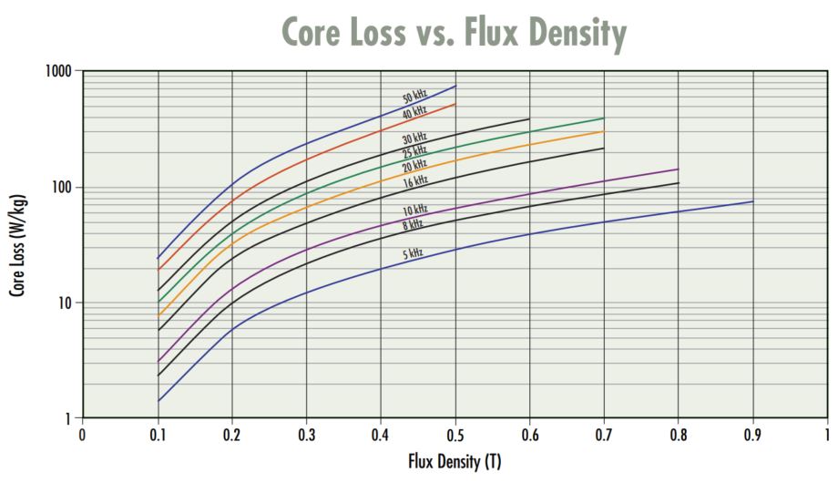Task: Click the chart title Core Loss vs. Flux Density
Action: [x=454, y=34]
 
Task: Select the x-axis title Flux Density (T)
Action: [x=455, y=463]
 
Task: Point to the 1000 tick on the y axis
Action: [x=58, y=71]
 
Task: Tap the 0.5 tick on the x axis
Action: [x=455, y=434]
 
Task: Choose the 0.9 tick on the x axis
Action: [x=752, y=434]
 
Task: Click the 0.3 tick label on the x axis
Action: [x=306, y=434]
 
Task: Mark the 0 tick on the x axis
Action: [x=83, y=434]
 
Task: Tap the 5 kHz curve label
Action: [x=413, y=253]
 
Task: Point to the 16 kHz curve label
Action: [x=415, y=181]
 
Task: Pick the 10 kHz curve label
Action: [x=414, y=211]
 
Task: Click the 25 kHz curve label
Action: [x=414, y=151]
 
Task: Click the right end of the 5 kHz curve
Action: [x=753, y=201]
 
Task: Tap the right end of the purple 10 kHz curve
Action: [x=679, y=169]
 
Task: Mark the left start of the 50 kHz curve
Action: [x=158, y=258]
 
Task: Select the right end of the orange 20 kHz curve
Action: [x=604, y=130]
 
